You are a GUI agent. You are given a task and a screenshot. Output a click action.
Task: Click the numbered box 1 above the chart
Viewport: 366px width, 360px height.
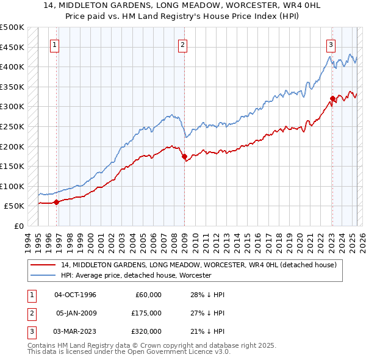[x=55, y=44]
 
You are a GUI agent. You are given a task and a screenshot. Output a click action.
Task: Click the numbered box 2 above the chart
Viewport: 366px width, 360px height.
[x=183, y=44]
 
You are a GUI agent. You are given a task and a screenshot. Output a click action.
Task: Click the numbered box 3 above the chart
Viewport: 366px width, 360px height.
[x=331, y=44]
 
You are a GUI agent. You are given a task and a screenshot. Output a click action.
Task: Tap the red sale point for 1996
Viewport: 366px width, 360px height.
[x=56, y=202]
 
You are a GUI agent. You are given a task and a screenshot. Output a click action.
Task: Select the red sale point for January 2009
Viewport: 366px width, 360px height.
[x=184, y=157]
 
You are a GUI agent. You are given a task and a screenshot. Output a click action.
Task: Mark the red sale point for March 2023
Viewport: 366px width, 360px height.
[x=332, y=98]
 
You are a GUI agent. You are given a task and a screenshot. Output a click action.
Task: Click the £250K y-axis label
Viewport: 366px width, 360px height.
[x=12, y=126]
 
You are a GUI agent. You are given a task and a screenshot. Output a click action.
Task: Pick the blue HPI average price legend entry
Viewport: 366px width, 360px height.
[x=136, y=275]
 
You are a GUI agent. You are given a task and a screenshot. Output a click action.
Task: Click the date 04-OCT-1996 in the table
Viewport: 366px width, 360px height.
[x=76, y=295]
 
